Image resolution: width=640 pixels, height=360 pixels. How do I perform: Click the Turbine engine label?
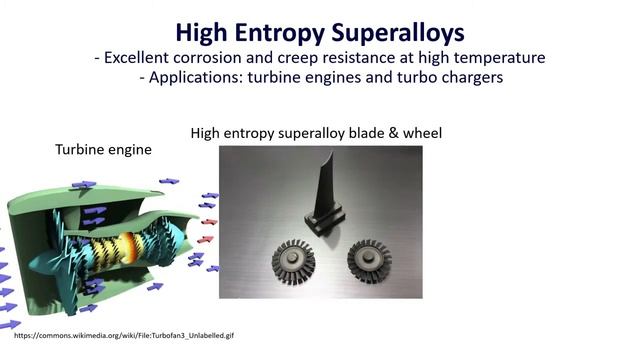tap(103, 149)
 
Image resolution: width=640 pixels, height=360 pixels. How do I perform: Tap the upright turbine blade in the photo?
tap(322, 185)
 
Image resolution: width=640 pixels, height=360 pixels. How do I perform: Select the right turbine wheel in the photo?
tap(369, 260)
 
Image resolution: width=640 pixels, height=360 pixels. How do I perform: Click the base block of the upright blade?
tap(328, 217)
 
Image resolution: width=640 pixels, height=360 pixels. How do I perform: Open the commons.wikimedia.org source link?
tap(124, 336)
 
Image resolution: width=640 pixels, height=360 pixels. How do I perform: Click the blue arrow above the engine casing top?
tap(84, 185)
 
